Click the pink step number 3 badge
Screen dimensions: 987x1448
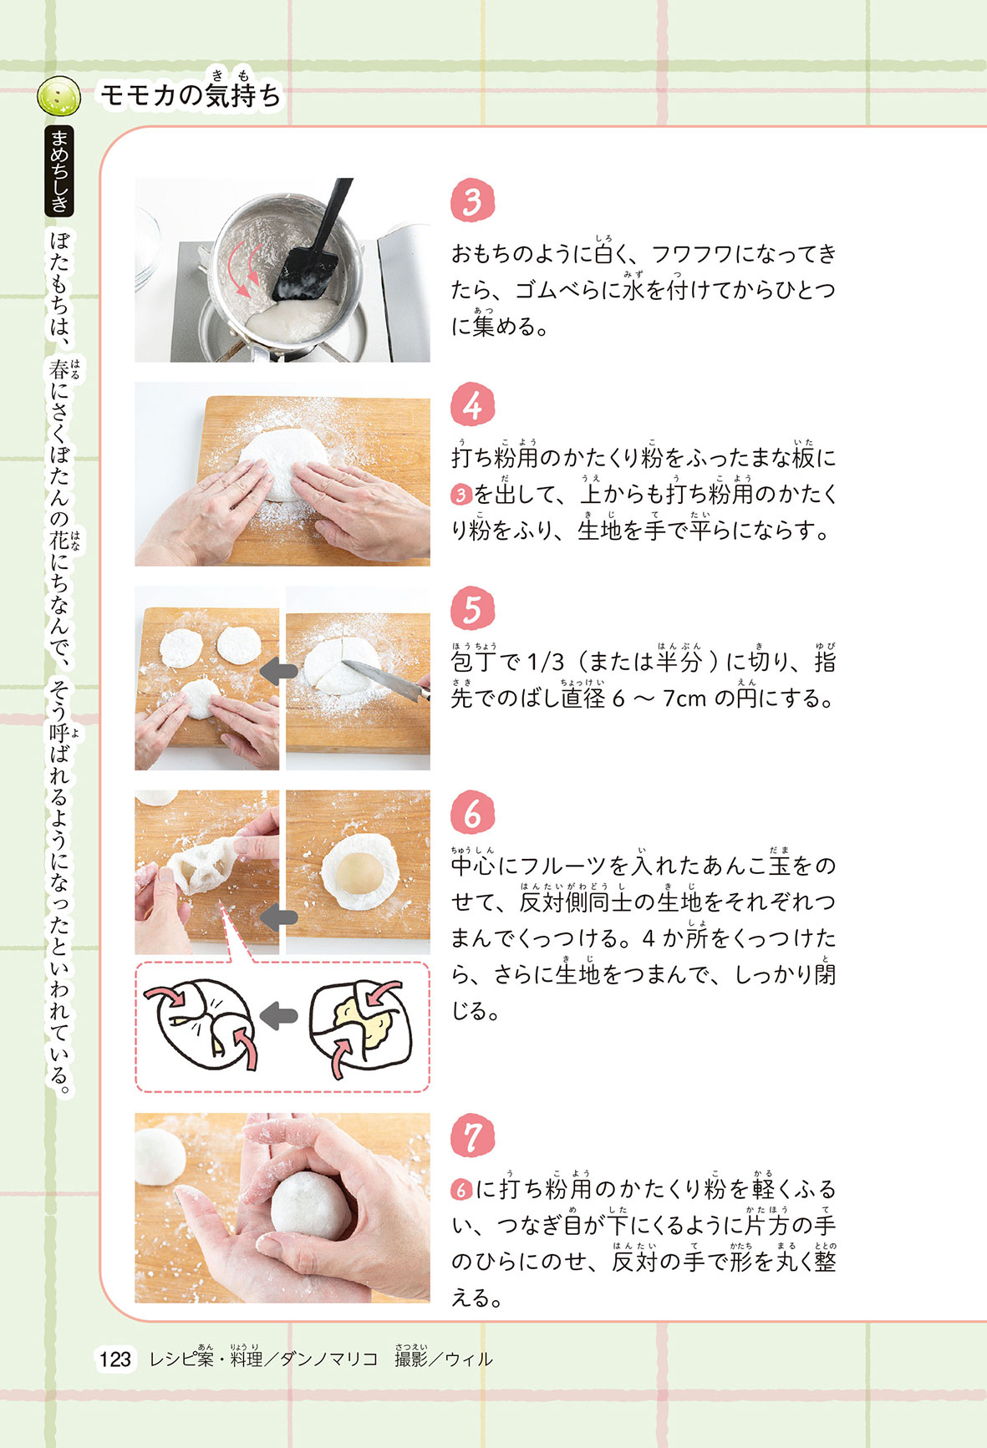coord(472,201)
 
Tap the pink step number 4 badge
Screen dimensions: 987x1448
coord(472,405)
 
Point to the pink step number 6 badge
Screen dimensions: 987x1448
coord(472,813)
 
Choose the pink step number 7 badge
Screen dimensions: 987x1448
coord(472,1136)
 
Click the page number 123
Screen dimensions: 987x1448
coord(115,1359)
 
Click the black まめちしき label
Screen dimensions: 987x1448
coord(60,171)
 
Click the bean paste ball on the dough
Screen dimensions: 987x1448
coord(359,872)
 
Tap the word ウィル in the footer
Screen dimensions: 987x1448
coord(468,1359)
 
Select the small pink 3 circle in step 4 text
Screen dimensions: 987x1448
coord(461,495)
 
